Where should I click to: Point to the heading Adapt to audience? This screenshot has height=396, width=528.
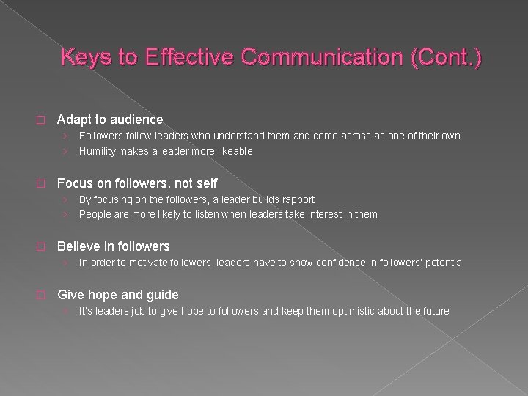pos(110,119)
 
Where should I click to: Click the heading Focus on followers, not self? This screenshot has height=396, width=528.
pos(137,183)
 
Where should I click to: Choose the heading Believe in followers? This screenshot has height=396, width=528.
pos(113,246)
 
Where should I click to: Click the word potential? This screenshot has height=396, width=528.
pos(443,263)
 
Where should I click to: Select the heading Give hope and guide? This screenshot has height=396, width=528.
pos(117,295)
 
